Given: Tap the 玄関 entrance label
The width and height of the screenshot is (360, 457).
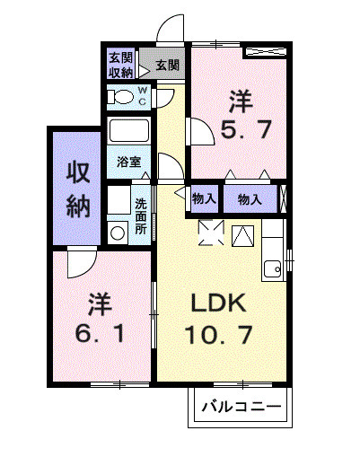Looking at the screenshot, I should (165, 65).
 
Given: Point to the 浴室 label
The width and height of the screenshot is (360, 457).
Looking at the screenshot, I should (127, 163).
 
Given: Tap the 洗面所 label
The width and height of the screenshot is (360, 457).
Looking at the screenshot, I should (142, 215).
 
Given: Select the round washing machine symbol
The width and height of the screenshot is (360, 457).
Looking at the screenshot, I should (117, 233).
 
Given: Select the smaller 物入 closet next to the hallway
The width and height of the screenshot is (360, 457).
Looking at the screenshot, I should (203, 199).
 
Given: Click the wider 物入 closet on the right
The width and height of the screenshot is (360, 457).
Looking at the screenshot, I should (250, 199).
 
